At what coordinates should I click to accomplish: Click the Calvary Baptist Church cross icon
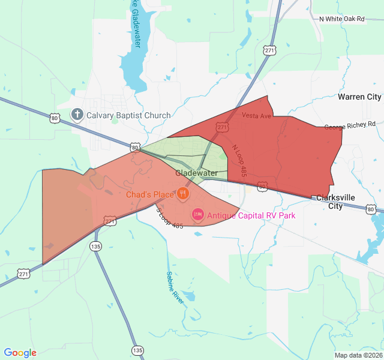pos(77,115)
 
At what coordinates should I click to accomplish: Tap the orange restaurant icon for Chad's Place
pos(183,194)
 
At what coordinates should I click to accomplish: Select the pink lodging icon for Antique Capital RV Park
pos(197,214)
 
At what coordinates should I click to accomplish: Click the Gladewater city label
pos(196,173)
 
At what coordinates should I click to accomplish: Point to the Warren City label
pos(359,97)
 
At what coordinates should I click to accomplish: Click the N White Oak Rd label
pos(341,19)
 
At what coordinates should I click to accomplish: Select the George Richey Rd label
pos(350,125)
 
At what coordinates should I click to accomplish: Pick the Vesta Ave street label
pos(257,115)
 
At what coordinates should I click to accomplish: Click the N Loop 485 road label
pos(242,160)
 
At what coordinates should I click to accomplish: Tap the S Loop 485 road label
pos(169,217)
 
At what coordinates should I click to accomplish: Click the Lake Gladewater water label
pos(136,18)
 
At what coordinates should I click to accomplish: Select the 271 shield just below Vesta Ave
pos(223,127)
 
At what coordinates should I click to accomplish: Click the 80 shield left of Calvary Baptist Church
pos(55,119)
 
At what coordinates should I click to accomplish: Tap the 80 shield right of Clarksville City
pos(371,209)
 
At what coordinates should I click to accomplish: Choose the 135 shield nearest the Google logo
pos(137,350)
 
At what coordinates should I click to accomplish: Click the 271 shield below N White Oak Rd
pos(269,51)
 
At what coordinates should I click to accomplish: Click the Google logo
pos(20,353)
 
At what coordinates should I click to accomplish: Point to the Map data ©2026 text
pos(357,355)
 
